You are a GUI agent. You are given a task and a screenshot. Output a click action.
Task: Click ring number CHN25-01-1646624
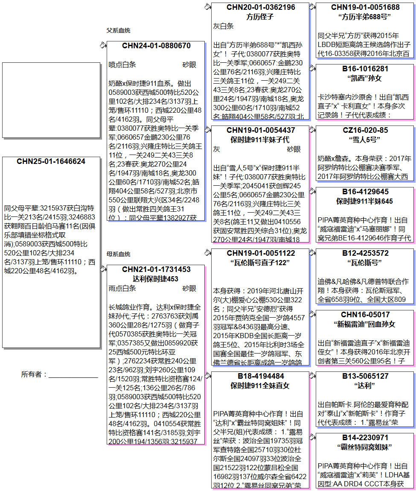coord(51,161)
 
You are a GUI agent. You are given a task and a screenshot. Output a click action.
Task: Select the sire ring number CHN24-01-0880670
coord(156,46)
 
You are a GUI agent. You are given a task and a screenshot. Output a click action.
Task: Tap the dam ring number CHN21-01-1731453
coord(156,269)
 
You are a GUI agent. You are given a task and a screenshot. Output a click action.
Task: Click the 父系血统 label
coord(119,31)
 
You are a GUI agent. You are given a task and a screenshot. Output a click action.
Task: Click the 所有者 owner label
coord(34,374)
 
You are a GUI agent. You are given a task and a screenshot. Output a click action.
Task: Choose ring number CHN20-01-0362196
coord(260,7)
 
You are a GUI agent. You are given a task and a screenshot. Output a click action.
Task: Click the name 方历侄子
coord(260,17)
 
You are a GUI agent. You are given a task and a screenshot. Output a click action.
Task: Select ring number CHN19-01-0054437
coord(260,130)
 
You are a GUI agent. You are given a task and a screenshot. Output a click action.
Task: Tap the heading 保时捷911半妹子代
coord(260,140)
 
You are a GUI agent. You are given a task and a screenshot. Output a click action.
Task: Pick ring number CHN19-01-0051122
coord(260,253)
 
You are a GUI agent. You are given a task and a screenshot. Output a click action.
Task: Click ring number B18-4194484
coord(260,376)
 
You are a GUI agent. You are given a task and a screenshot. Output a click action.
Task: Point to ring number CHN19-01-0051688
coord(365,7)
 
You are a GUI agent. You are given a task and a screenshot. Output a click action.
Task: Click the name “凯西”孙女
coord(365,78)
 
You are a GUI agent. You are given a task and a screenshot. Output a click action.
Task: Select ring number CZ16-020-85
coord(365,130)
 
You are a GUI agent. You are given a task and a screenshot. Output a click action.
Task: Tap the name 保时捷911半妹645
coord(365,201)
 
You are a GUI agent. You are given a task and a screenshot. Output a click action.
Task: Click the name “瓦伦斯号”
coord(365,263)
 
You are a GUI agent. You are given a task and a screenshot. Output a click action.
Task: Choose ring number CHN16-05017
coord(365,315)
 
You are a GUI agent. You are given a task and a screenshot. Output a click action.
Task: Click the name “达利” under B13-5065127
coord(365,386)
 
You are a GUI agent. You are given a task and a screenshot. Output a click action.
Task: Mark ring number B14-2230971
coord(365,438)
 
